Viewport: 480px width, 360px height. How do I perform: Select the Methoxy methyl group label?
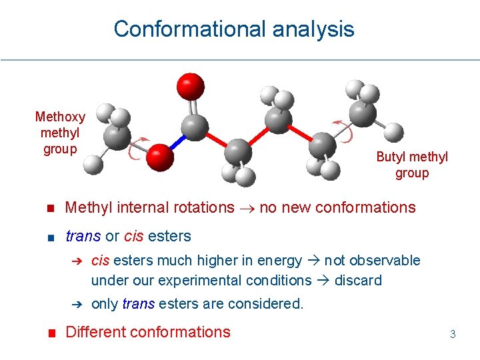(60, 133)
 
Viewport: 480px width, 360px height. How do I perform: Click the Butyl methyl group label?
(412, 165)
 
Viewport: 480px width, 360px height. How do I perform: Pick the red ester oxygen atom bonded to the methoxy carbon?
(160, 157)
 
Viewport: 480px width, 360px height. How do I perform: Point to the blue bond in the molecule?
(177, 142)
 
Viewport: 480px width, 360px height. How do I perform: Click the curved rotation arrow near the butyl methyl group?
(343, 131)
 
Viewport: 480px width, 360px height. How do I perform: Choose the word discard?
(358, 280)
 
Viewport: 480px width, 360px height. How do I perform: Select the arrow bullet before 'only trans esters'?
(77, 305)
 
